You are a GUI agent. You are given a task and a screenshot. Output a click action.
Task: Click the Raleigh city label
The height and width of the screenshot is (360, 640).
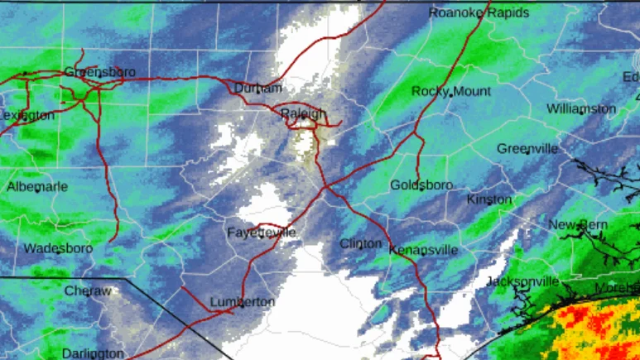click(303, 113)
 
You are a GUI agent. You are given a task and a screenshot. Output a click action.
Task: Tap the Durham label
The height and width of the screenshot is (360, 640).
click(257, 89)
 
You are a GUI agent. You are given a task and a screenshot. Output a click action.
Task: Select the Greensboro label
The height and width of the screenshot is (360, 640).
click(100, 72)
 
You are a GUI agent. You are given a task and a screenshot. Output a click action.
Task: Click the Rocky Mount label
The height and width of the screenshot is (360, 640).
click(451, 91)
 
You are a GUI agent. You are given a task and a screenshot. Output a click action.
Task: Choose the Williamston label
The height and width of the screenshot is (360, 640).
click(581, 109)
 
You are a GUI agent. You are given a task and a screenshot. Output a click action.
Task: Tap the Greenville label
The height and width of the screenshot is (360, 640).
click(527, 149)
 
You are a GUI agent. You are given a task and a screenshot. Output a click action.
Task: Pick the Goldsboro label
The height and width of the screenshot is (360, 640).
click(421, 185)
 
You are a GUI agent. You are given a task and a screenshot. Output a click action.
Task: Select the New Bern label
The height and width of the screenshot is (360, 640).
click(578, 225)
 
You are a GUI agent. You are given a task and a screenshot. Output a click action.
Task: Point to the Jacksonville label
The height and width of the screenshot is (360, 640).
click(522, 281)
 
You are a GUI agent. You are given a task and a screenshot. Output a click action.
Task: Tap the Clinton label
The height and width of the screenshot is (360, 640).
click(361, 244)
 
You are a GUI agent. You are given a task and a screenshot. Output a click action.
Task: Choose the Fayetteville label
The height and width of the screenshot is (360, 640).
click(262, 233)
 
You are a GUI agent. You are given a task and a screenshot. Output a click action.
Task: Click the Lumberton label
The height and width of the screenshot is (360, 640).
click(243, 302)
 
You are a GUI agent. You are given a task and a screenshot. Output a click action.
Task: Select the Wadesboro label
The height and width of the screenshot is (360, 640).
click(57, 248)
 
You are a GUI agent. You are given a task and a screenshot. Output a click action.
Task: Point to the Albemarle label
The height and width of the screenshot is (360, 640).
click(37, 187)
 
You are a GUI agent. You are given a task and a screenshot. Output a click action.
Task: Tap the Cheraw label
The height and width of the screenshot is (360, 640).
click(88, 291)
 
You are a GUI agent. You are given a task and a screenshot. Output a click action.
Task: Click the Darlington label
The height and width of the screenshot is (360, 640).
click(94, 353)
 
